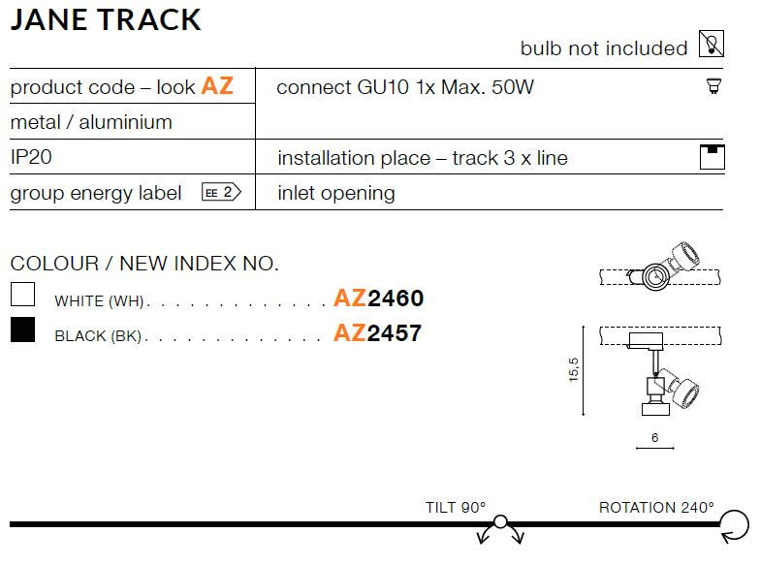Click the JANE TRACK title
coord(105,19)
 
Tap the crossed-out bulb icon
coord(712,44)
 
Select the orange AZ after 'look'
coord(217,85)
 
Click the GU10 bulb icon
coord(713,85)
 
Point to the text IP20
coord(31,157)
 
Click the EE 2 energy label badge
coord(221,192)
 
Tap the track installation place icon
coord(712,157)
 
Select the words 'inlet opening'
coord(336,193)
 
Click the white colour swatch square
coord(23,295)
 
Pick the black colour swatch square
coord(23,330)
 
